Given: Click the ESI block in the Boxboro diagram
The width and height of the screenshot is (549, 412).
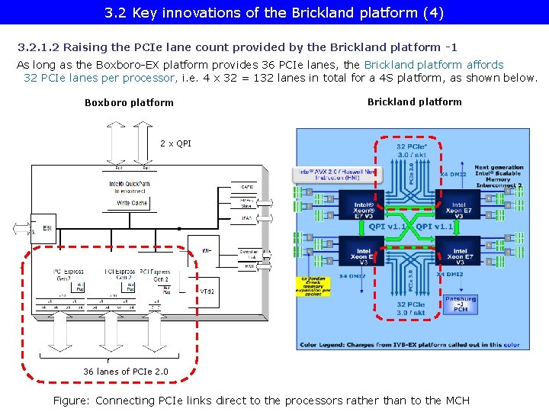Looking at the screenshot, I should point(47,227).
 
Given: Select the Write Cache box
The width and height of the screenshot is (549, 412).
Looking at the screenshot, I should point(129,203).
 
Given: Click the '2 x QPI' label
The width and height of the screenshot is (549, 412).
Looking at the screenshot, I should point(175,143).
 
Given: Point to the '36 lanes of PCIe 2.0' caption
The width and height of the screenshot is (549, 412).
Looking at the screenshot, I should point(125,372).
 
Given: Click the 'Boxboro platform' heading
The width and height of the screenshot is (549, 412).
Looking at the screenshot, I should point(129,102).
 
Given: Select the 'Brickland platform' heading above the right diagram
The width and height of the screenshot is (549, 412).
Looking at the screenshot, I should point(414,101).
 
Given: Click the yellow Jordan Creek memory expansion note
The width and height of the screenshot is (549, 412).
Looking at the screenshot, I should point(313,286).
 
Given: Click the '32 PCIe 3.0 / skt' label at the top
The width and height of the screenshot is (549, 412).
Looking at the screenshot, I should point(412,150).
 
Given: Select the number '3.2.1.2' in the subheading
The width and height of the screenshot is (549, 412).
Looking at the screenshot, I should point(39,47).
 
